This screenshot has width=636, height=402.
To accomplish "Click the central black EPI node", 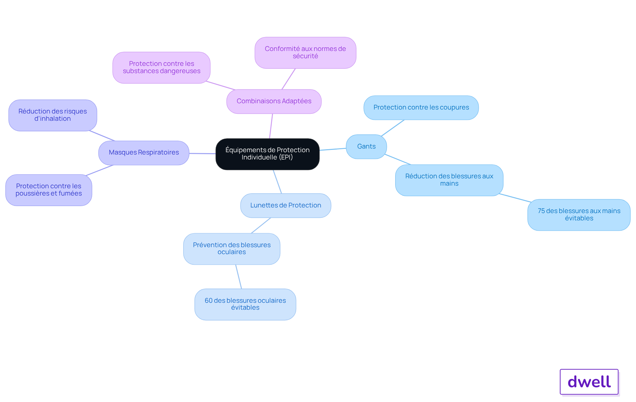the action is tap(267, 154).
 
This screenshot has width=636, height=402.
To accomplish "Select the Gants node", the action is tap(366, 147).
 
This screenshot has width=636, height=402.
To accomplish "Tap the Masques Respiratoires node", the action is tap(144, 153).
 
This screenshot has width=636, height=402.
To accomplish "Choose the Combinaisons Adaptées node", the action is tap(274, 101).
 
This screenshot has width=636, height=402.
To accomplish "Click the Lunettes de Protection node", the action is tap(286, 205).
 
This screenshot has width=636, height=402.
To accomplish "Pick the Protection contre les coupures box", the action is tap(421, 108).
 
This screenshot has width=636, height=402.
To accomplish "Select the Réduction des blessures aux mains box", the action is tap(449, 180).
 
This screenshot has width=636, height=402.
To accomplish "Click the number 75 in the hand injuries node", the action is tap(541, 211).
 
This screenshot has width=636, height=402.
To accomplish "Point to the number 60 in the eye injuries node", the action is tap(208, 300).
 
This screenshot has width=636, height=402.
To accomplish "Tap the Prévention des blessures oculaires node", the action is tap(232, 248).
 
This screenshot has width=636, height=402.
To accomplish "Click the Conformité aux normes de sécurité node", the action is tap(305, 53).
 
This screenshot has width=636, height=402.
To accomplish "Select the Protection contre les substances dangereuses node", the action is tap(161, 67).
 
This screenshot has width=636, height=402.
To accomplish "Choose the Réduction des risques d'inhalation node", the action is tap(53, 115).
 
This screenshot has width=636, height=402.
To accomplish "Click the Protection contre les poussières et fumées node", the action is tap(49, 190).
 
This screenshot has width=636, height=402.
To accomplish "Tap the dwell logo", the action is tap(589, 382).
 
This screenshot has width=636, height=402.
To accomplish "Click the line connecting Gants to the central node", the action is tap(333, 149).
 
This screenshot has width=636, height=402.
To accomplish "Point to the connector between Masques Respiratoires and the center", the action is tap(202, 154).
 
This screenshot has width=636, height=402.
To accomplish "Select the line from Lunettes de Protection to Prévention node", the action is tap(261, 225).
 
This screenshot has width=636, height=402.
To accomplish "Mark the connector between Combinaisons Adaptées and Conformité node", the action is tap(289, 79).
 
